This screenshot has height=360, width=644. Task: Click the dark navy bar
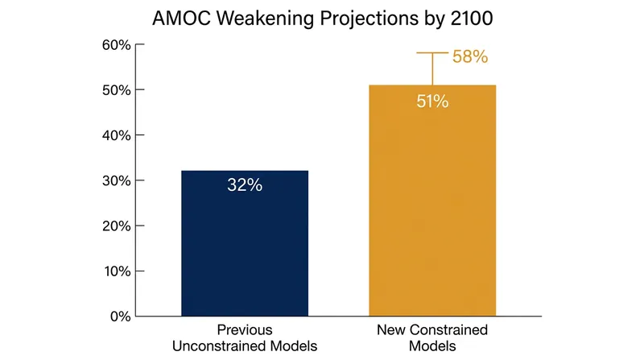(x=245, y=243)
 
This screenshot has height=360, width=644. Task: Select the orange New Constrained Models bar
(x=432, y=201)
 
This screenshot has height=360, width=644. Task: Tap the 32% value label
(x=245, y=185)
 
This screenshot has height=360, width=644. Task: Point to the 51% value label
(x=432, y=101)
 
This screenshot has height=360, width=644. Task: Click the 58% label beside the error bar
(x=470, y=56)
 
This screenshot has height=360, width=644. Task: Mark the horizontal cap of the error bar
(x=432, y=52)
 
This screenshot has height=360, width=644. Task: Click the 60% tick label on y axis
(x=117, y=45)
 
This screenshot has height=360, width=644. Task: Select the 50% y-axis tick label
(x=117, y=90)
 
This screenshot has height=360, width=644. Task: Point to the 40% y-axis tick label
(x=117, y=135)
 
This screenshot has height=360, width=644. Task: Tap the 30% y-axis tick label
(x=117, y=180)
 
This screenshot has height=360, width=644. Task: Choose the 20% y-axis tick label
(x=117, y=226)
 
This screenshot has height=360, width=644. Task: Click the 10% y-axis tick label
(x=118, y=271)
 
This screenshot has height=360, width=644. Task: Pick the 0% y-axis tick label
(x=121, y=316)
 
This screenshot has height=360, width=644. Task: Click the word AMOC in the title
(x=182, y=19)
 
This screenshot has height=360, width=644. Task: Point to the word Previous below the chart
(x=245, y=329)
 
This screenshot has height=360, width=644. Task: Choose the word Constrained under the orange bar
(x=448, y=329)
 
